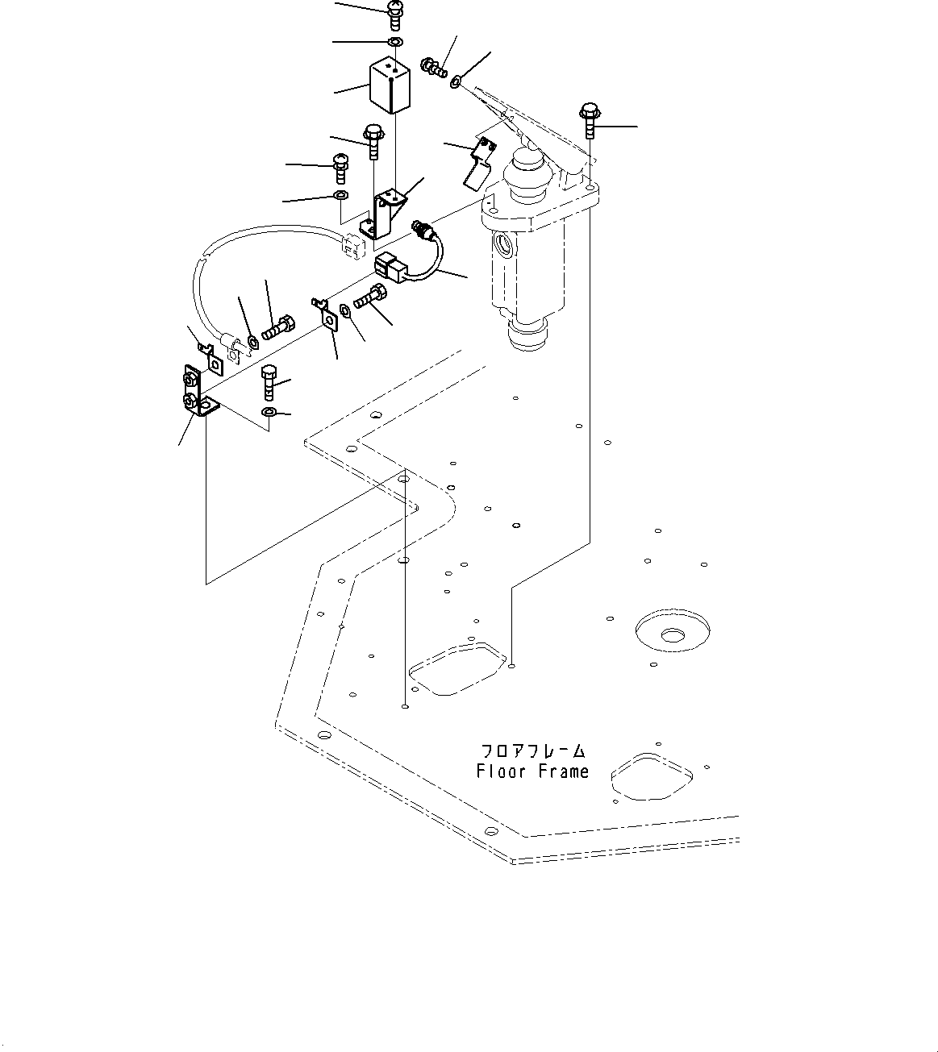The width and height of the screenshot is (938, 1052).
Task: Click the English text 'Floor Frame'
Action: (x=532, y=771)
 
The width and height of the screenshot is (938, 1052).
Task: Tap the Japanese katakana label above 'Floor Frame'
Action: (x=532, y=751)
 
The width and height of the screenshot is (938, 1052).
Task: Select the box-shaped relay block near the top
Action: (x=390, y=86)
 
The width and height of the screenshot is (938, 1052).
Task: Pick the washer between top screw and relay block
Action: (x=394, y=41)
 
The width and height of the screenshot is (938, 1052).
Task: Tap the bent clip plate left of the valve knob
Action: (x=479, y=161)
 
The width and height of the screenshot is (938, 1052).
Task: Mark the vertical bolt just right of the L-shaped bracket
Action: (x=269, y=381)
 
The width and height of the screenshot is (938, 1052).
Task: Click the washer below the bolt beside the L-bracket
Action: (x=269, y=413)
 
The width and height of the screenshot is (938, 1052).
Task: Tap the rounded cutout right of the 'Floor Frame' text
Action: (x=652, y=776)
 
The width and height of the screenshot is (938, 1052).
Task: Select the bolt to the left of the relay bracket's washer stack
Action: (x=340, y=170)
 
